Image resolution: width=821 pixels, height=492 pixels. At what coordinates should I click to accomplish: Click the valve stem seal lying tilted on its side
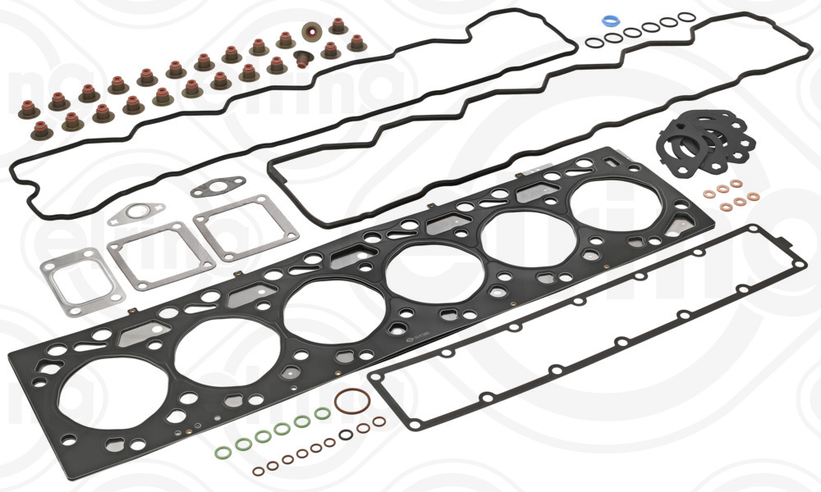click(303, 60)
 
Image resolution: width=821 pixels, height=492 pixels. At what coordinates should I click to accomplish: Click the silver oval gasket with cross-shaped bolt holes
click(135, 215)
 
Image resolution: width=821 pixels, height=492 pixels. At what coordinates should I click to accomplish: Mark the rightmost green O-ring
click(323, 413)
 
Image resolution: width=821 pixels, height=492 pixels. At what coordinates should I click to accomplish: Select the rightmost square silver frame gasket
click(232, 227)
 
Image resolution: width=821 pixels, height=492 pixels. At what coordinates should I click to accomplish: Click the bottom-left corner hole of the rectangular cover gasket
click(414, 424)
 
